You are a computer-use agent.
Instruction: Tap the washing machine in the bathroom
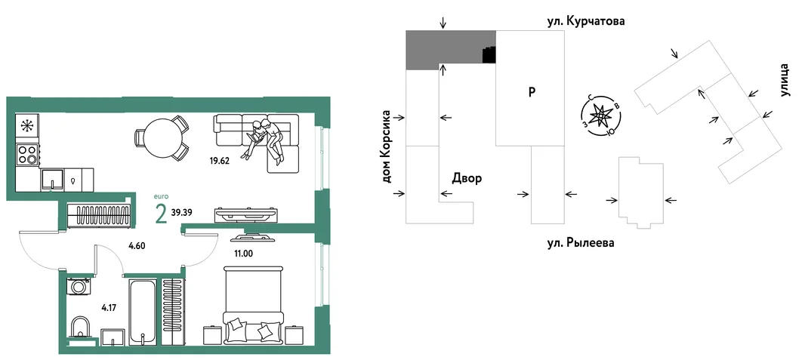[79, 286]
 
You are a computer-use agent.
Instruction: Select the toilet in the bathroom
[79, 328]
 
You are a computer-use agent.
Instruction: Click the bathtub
[140, 311]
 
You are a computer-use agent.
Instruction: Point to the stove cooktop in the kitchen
[26, 155]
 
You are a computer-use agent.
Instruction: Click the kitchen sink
[52, 180]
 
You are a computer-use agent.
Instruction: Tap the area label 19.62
[219, 159]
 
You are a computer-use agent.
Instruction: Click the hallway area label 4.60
[137, 245]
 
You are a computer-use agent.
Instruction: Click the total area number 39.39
[182, 212]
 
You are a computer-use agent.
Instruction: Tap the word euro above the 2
[161, 196]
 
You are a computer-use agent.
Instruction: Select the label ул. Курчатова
[587, 22]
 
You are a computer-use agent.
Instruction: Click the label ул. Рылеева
[580, 242]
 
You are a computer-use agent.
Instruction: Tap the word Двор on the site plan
[467, 178]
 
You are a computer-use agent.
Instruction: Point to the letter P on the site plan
[532, 92]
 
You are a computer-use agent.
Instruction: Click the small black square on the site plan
[489, 54]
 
